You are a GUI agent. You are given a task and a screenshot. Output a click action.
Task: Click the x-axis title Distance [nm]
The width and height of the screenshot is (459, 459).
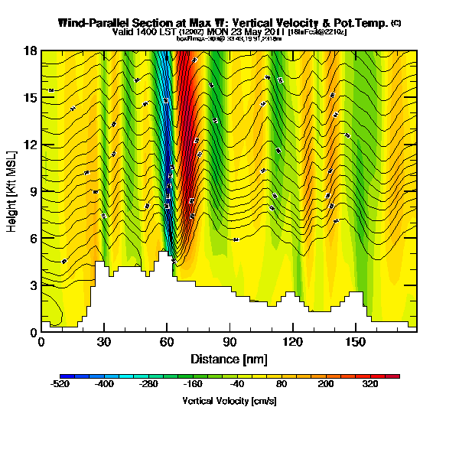(228, 359)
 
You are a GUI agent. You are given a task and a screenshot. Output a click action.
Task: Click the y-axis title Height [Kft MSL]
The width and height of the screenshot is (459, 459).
(13, 191)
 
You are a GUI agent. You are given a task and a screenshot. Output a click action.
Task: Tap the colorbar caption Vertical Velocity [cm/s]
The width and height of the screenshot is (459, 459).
(229, 400)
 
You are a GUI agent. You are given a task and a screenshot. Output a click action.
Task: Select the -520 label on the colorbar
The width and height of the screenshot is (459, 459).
(61, 385)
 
